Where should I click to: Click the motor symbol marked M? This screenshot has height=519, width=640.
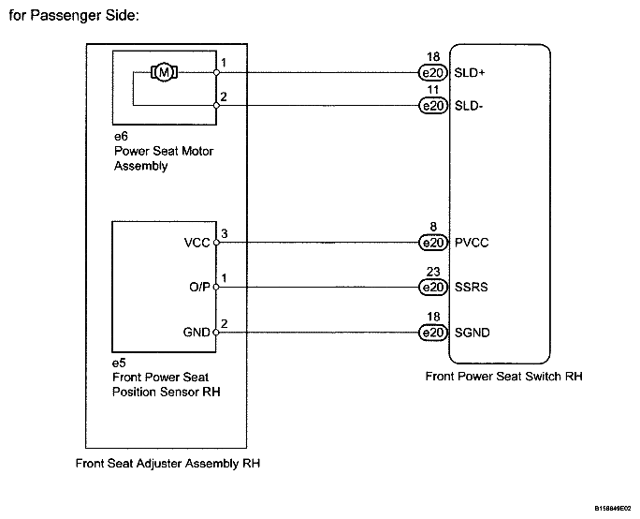click(x=164, y=73)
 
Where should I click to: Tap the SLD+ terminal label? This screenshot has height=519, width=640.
click(x=470, y=73)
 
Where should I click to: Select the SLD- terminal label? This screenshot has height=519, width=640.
click(x=469, y=106)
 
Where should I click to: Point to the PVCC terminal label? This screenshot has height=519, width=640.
click(x=472, y=243)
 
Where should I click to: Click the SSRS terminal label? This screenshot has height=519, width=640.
click(x=471, y=288)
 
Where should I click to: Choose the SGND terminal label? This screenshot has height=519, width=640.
click(x=472, y=333)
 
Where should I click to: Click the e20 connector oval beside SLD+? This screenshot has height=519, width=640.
click(x=433, y=73)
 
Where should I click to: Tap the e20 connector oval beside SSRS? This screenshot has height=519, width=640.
click(x=433, y=288)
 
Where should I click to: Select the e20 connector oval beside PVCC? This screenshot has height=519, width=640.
click(x=433, y=243)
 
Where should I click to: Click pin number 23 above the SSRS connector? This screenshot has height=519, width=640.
click(x=433, y=272)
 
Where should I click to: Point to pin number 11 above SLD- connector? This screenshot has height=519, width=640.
click(x=432, y=90)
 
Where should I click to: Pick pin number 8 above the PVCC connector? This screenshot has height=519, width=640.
click(x=433, y=227)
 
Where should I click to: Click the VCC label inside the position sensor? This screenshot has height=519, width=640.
click(x=196, y=243)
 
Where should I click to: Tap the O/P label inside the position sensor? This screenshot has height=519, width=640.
click(x=199, y=288)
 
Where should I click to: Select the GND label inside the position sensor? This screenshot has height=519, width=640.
click(x=196, y=333)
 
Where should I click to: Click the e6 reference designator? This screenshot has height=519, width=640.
click(x=121, y=137)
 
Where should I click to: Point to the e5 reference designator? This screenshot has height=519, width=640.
click(x=119, y=363)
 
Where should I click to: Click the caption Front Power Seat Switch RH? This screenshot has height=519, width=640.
click(x=503, y=377)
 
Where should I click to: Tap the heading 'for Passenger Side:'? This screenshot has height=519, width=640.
click(x=74, y=16)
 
